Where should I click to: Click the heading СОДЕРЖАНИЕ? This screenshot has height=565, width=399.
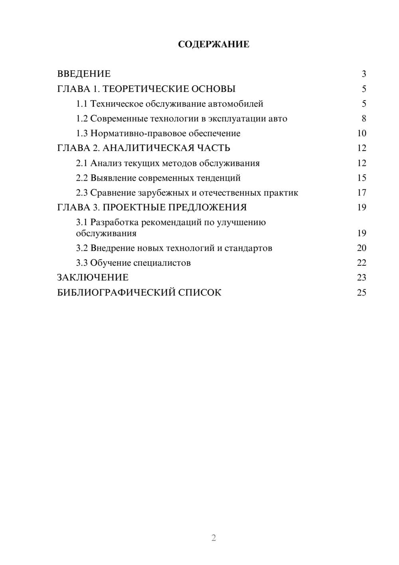tap(213, 44)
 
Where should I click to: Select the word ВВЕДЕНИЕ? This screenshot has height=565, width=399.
tap(84, 74)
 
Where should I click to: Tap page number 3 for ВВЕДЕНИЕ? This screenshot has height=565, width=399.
tap(363, 74)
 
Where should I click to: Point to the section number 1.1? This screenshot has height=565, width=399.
tap(82, 104)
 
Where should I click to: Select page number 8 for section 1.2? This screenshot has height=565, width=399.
tap(363, 119)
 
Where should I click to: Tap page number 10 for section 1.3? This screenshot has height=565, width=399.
tap(361, 133)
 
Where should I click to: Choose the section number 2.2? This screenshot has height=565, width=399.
tap(82, 178)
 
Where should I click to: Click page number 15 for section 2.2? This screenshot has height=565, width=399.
tap(361, 178)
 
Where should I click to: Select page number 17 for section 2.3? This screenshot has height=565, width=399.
tap(361, 193)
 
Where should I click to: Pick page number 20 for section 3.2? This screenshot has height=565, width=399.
tap(361, 248)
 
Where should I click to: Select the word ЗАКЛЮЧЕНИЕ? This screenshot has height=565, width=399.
tap(93, 278)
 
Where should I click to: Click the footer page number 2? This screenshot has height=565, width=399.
tap(213, 538)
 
